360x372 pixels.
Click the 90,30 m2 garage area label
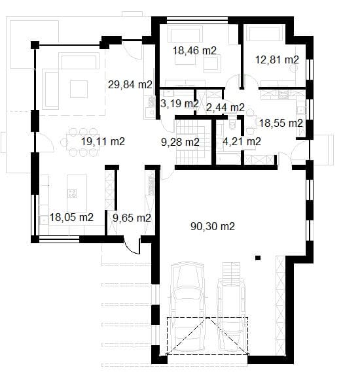point(213,226)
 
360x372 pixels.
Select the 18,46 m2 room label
point(194,50)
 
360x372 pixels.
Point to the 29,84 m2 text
point(130,84)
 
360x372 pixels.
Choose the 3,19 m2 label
point(180,103)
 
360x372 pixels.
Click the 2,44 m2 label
point(225,107)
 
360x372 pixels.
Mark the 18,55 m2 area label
point(281,122)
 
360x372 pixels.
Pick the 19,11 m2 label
point(102,141)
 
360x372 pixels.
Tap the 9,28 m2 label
point(180,141)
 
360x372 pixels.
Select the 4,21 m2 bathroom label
point(242,141)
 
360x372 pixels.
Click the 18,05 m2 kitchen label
point(71,217)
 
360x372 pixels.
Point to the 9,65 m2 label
point(132,217)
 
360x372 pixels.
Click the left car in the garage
point(187,301)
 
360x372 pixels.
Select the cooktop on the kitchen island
point(71,192)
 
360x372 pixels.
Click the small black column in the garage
point(259,257)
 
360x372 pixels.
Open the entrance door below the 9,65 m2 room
point(133,246)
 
